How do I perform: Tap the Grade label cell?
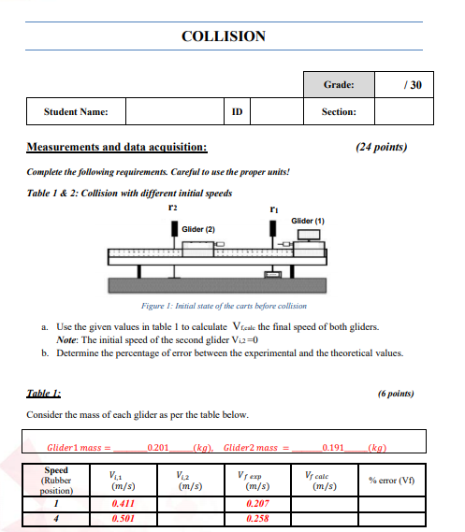pyautogui.click(x=339, y=85)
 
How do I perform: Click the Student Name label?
pyautogui.click(x=76, y=112)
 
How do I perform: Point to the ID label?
pyautogui.click(x=238, y=112)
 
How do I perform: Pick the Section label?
pyautogui.click(x=338, y=112)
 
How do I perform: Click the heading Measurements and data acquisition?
pyautogui.click(x=117, y=147)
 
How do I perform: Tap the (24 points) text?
pyautogui.click(x=382, y=147)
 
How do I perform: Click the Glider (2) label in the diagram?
pyautogui.click(x=198, y=229)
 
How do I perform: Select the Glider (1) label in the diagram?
pyautogui.click(x=308, y=221)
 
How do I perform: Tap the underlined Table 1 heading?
pyautogui.click(x=42, y=395)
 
